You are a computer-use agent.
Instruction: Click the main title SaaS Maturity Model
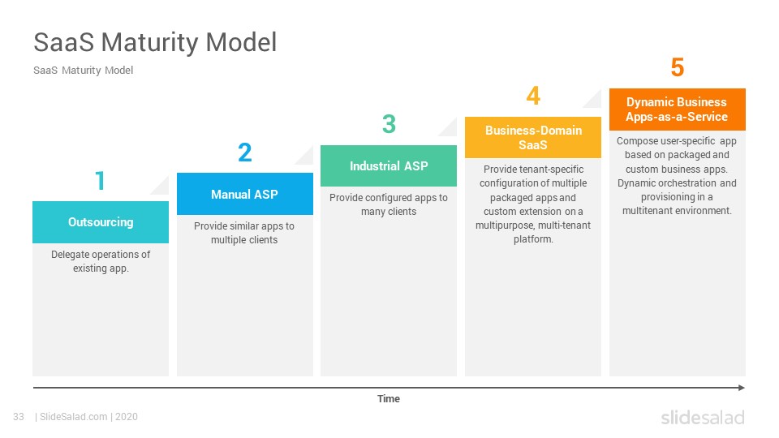click(x=155, y=42)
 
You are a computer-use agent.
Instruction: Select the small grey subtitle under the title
click(x=83, y=71)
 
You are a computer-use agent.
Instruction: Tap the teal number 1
click(x=101, y=181)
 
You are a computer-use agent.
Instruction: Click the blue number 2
click(x=245, y=152)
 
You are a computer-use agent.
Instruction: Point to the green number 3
click(x=389, y=124)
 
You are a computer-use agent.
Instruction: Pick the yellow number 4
click(x=533, y=96)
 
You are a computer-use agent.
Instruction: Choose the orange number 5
click(x=677, y=67)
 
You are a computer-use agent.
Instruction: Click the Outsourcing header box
click(x=101, y=222)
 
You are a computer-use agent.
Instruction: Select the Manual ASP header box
click(x=245, y=194)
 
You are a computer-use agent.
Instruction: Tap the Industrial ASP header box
click(x=389, y=165)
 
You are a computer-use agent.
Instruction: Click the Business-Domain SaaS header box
click(x=533, y=138)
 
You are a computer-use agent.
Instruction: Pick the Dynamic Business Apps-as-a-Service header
click(x=677, y=109)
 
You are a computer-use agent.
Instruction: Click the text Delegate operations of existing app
click(x=101, y=261)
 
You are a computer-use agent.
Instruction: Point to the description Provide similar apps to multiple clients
click(x=244, y=233)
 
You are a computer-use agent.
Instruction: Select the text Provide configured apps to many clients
click(x=389, y=204)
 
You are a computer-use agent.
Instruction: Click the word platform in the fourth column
click(x=532, y=239)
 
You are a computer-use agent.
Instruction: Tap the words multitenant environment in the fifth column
click(x=676, y=211)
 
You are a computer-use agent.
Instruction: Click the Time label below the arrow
click(x=389, y=399)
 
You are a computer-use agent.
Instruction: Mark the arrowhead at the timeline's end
click(x=742, y=388)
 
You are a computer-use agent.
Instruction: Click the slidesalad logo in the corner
click(x=703, y=417)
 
